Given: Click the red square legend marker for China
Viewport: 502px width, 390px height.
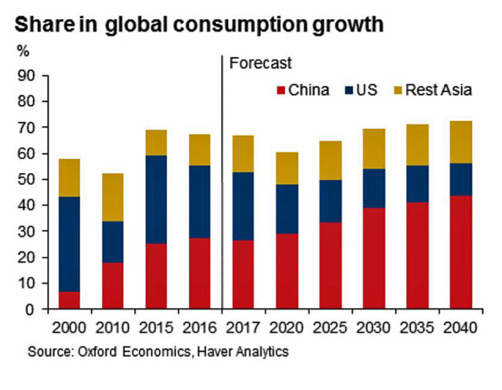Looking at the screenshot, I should coord(281,90).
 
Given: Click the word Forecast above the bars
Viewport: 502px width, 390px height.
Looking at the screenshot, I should coord(261,62).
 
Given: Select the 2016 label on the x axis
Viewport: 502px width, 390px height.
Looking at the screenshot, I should coord(199,327).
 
